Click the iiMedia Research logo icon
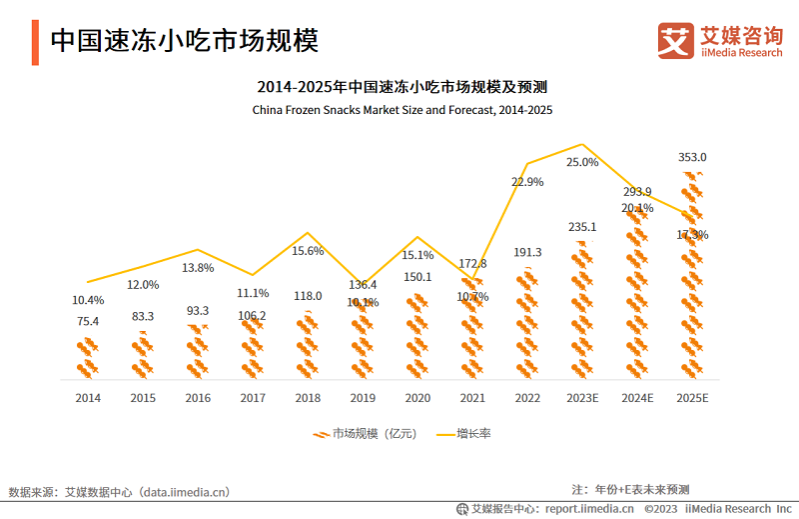pyautogui.click(x=675, y=41)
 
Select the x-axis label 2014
pyautogui.click(x=88, y=398)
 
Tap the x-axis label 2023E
pyautogui.click(x=582, y=398)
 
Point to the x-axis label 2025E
pyautogui.click(x=692, y=398)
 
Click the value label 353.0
pyautogui.click(x=692, y=157)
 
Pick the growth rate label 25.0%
pyautogui.click(x=582, y=162)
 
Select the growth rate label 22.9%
pyautogui.click(x=527, y=182)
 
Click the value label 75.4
pyautogui.click(x=88, y=321)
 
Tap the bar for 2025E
pyautogui.click(x=692, y=275)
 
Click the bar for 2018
pyautogui.click(x=308, y=345)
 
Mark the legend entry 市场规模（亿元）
pyautogui.click(x=365, y=434)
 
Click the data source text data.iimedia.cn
pyautogui.click(x=185, y=492)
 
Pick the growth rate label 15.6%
pyautogui.click(x=308, y=251)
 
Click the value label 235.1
pyautogui.click(x=582, y=227)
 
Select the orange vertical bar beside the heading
pyautogui.click(x=35, y=41)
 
